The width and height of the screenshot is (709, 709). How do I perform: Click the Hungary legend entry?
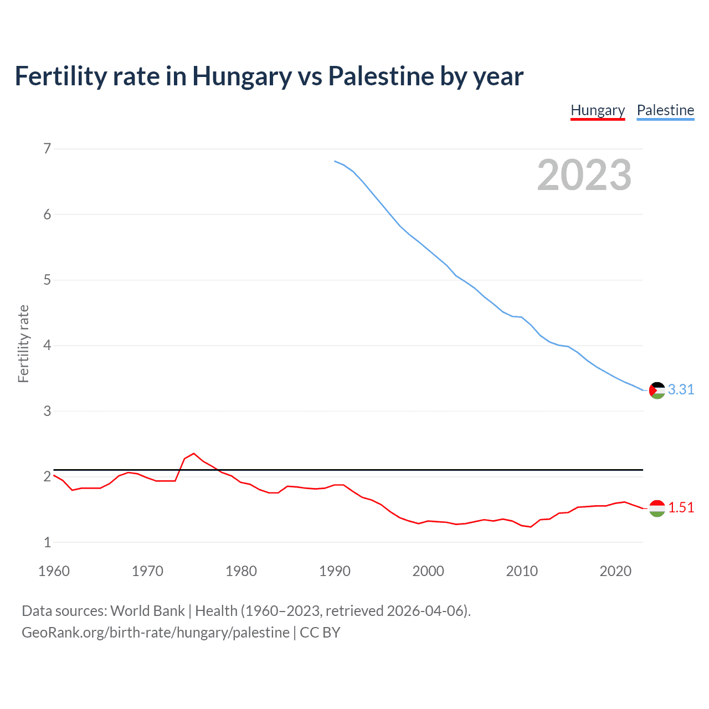pos(598,110)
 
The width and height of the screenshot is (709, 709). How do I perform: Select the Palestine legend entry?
pos(665,110)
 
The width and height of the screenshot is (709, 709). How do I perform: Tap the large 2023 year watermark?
pos(584,175)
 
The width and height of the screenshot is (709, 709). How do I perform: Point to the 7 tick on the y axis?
pos(47,148)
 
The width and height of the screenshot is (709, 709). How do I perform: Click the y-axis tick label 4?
pos(47,346)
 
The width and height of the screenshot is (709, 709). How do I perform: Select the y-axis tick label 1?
pos(47,542)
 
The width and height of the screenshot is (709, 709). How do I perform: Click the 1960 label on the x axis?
pos(54,571)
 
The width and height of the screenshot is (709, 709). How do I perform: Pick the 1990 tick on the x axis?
pos(335,571)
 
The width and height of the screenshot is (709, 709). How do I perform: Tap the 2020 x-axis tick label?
pos(615,571)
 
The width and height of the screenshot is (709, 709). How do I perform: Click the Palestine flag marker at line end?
pos(657,390)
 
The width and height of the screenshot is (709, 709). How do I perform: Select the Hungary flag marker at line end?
pos(657,508)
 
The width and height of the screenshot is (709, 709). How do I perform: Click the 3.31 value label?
pos(681,390)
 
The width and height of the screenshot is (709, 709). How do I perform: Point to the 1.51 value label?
pos(681,508)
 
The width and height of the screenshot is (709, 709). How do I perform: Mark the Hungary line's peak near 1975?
pos(193,454)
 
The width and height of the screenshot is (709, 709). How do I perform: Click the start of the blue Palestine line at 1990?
pos(335,161)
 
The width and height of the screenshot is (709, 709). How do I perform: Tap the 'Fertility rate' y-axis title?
pos(23,344)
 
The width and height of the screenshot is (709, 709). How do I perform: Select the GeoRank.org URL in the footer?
pos(156,633)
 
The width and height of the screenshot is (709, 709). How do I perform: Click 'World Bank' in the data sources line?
pos(147,611)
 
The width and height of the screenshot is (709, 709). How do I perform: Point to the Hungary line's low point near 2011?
pos(531,527)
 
